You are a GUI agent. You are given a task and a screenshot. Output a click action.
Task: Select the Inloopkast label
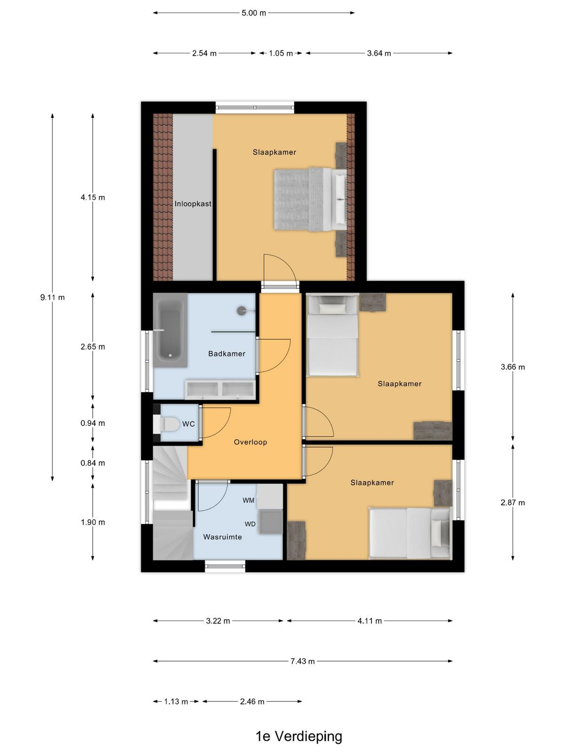(193, 204)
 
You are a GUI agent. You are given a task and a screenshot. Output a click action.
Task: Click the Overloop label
(250, 442)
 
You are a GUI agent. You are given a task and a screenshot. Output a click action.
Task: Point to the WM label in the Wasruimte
(249, 500)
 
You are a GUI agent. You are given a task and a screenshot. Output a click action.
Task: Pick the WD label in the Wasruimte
(250, 524)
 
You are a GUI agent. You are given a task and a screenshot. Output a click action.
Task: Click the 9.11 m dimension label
(52, 297)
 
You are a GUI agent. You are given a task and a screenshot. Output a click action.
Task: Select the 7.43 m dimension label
(303, 661)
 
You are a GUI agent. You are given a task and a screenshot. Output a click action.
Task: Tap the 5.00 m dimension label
(254, 13)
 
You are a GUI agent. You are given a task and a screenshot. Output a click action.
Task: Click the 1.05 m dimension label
(281, 53)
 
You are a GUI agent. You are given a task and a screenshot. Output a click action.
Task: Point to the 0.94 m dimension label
(93, 423)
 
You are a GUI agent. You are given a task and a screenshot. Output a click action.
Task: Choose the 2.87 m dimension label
(513, 502)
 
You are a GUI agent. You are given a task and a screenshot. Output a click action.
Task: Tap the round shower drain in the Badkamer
(242, 311)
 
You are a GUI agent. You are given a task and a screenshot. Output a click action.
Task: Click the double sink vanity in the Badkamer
(220, 390)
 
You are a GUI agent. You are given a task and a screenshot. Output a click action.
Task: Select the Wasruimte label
(222, 537)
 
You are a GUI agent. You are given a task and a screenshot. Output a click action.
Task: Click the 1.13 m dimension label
(176, 701)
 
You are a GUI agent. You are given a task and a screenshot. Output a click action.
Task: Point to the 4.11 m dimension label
(370, 621)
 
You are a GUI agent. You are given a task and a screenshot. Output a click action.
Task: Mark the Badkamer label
(227, 353)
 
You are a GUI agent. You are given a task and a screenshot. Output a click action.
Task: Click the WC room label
(188, 424)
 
